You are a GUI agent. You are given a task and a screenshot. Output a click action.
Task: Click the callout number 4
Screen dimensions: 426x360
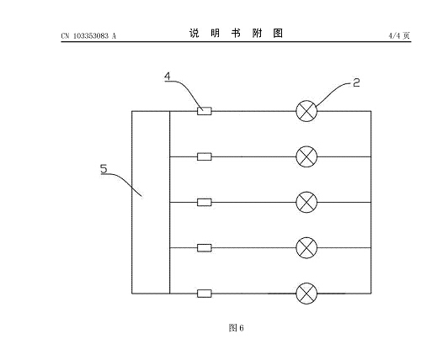coord(168,77)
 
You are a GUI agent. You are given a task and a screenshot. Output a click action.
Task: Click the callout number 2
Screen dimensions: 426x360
coord(356,82)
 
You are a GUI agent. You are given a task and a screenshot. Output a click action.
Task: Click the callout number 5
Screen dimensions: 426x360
coord(104,169)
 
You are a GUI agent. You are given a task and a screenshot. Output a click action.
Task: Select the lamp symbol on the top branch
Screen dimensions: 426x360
coord(306,111)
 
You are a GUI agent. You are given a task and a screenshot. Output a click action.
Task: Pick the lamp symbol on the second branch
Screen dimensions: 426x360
coord(306,156)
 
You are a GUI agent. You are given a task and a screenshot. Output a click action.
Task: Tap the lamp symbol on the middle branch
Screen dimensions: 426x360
coord(306,202)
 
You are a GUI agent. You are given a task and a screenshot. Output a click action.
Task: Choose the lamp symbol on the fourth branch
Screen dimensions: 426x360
coord(306,247)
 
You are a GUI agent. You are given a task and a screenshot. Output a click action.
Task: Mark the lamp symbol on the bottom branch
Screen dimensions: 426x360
coord(306,294)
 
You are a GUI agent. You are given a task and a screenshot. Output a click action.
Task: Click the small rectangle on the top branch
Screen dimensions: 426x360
coord(205,111)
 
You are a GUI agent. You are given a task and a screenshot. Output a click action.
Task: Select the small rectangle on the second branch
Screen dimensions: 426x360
coord(205,156)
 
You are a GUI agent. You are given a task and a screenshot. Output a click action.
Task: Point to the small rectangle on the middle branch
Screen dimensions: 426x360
coord(205,202)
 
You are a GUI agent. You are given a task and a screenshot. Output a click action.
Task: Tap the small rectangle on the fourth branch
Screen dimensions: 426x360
coord(205,248)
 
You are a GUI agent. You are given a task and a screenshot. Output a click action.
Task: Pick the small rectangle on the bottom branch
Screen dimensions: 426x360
coord(205,294)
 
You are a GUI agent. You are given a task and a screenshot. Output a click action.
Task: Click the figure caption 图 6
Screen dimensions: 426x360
coord(236,327)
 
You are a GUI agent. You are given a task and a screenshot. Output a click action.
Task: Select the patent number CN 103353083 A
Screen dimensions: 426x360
coord(88,36)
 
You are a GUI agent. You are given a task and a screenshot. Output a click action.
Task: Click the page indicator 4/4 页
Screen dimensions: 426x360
coord(399,35)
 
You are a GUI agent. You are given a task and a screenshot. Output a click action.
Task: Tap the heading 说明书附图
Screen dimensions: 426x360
coord(236,33)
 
